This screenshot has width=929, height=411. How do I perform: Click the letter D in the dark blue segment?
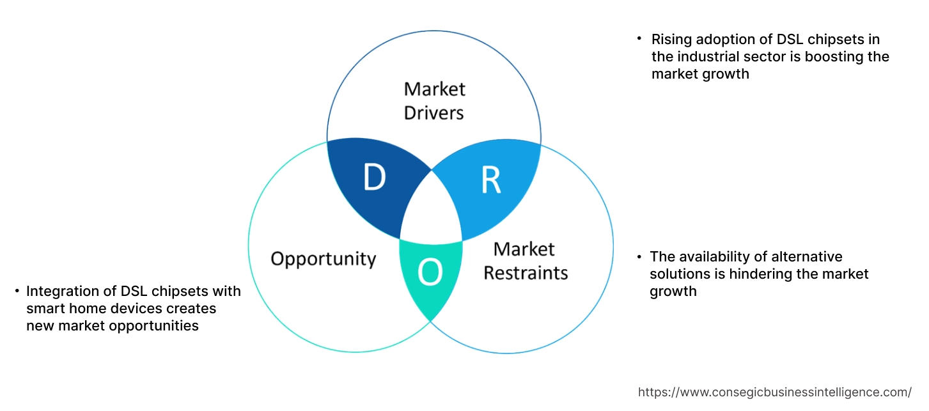(375, 178)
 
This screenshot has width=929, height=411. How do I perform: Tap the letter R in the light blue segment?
(490, 180)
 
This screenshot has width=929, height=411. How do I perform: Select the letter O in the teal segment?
(430, 274)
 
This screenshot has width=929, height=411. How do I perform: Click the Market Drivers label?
(435, 100)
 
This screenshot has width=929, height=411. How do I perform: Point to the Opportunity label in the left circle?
(323, 259)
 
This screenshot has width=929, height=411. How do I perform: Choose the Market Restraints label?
(525, 261)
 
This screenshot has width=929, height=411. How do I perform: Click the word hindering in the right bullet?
(761, 274)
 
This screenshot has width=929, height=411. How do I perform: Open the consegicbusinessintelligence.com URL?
(775, 392)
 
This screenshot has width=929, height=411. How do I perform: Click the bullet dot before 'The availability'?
(639, 257)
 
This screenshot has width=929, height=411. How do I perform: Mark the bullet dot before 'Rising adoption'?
(639, 40)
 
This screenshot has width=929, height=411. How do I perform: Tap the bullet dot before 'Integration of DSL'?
(17, 291)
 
